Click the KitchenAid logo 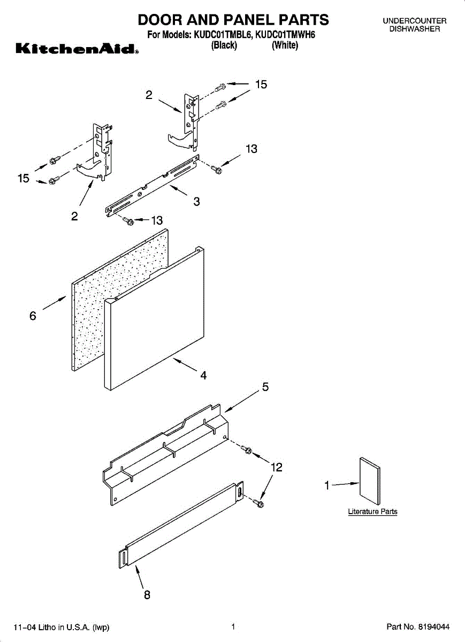click(77, 50)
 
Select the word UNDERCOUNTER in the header click(414, 21)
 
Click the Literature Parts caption click(372, 511)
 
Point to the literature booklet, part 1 click(370, 480)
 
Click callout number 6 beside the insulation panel click(33, 316)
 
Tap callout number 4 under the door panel click(203, 376)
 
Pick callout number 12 click(276, 467)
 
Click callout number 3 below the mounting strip click(196, 202)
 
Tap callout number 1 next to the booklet click(326, 486)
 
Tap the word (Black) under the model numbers click(224, 45)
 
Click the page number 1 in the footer click(233, 626)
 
